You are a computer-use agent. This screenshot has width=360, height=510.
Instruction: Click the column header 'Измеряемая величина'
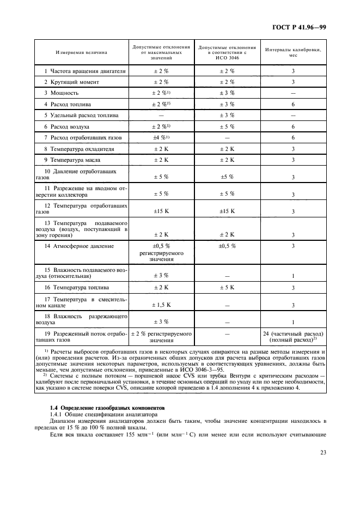[x=81, y=52]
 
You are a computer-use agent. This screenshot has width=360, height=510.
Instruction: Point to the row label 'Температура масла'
[x=74, y=160]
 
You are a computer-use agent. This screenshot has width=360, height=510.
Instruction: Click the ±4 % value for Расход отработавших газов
[x=161, y=137]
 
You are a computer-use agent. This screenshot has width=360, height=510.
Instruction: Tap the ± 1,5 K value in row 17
[x=161, y=305]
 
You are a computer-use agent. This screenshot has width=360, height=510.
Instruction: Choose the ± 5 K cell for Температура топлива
[x=227, y=287]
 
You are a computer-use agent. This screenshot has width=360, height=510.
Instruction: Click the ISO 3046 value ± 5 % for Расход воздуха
[x=227, y=126]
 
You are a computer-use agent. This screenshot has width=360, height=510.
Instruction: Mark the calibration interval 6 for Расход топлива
[x=293, y=104]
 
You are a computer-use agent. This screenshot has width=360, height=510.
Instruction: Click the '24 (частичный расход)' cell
[x=293, y=333]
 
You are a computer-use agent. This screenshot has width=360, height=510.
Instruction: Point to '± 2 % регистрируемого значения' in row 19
[x=161, y=336]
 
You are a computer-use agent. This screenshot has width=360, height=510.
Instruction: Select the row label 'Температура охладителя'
[x=78, y=149]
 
